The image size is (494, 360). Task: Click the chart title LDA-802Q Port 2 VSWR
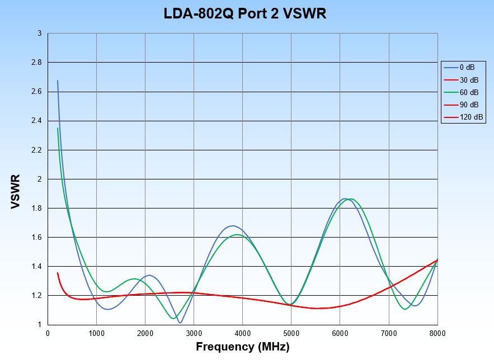point(244,14)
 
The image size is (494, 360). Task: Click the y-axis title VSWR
point(16,192)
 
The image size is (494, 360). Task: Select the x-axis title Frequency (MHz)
point(242,347)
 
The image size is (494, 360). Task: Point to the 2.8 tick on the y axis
point(36,63)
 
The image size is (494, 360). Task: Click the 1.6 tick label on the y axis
point(36,238)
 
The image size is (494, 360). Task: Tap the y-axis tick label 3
point(39,34)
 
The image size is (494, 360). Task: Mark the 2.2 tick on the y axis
point(36,150)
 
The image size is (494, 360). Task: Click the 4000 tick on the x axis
point(242,333)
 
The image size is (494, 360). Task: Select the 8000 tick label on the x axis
point(437,333)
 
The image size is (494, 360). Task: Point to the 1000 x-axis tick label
point(96,333)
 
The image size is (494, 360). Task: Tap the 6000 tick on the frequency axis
point(340,333)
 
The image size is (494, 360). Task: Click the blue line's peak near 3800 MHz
point(232,226)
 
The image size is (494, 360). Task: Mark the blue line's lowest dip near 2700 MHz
point(180,323)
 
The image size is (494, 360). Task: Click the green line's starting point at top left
point(58,128)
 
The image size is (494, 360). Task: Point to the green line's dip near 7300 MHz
point(404,309)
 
